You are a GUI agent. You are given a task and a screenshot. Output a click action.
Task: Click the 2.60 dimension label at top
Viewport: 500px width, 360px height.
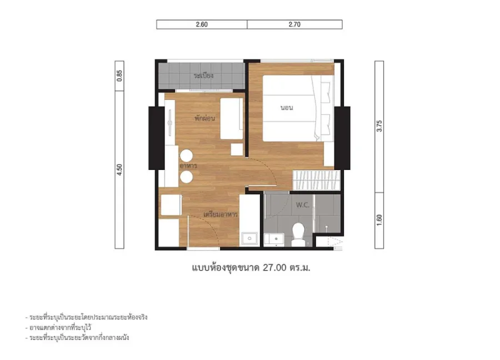click(202, 24)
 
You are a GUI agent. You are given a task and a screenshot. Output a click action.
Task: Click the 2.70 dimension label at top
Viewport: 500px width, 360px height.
click(294, 24)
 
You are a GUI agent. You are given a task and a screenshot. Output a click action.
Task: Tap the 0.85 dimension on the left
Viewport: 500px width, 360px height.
click(119, 76)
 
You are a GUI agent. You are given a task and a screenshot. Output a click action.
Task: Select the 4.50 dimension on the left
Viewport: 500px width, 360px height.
click(119, 169)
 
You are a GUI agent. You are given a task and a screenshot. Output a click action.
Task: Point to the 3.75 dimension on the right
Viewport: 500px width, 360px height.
click(379, 126)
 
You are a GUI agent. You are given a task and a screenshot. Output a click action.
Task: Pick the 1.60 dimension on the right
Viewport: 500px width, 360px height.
click(379, 220)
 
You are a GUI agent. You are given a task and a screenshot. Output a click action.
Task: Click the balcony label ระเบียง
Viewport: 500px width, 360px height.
click(203, 76)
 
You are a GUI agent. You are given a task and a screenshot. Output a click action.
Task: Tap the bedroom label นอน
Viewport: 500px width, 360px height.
click(287, 108)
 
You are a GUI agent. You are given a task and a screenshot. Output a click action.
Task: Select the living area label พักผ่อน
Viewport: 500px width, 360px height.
click(204, 118)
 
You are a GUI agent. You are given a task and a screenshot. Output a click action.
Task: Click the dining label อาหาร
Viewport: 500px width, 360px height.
click(188, 166)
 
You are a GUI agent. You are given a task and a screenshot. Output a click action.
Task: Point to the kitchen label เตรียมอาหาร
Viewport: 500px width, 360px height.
click(221, 214)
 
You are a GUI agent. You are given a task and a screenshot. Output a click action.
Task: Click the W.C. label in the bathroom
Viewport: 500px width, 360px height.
click(302, 205)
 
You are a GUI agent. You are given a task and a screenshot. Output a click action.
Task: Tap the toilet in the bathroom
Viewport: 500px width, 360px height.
click(298, 234)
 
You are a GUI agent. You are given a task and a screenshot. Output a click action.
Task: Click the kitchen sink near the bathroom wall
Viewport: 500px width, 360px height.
click(249, 239)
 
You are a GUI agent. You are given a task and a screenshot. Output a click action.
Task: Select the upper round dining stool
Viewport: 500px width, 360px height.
click(186, 156)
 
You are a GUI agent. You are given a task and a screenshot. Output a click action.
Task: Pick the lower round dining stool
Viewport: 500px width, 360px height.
click(186, 177)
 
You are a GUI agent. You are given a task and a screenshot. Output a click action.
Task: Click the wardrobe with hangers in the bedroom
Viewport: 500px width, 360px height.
click(316, 181)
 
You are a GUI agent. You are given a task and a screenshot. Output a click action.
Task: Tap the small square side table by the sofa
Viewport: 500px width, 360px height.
click(237, 149)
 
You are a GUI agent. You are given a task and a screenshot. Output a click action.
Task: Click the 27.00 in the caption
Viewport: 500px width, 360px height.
click(274, 268)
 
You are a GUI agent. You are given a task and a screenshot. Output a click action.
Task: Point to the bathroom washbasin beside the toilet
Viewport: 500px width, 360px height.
click(274, 239)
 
